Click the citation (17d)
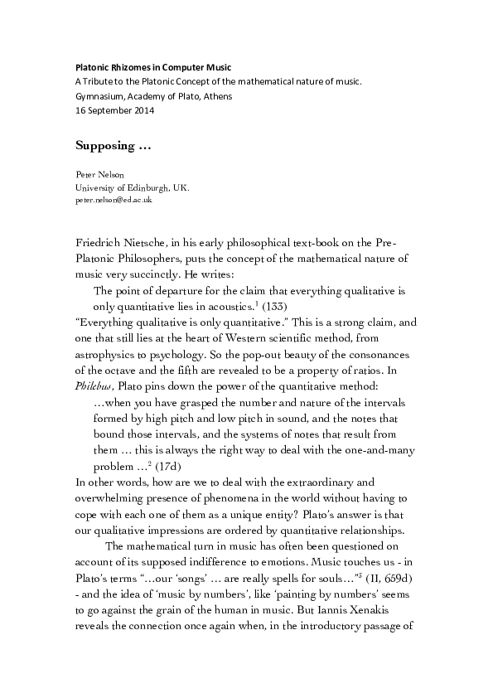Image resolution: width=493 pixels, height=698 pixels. click(x=175, y=465)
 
